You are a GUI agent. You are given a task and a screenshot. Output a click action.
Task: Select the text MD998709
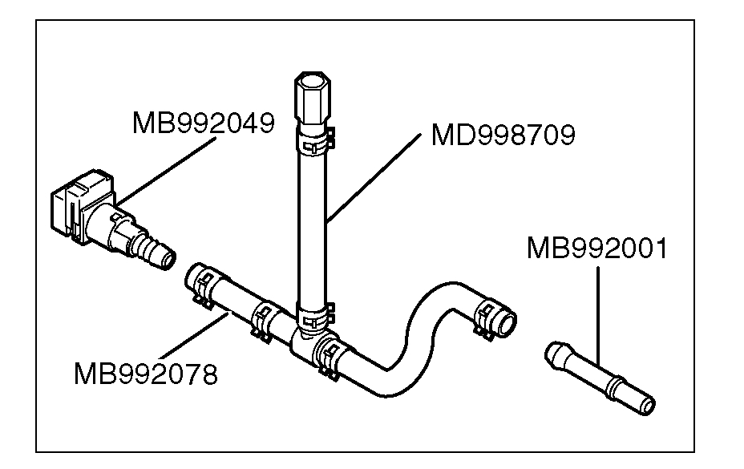(503, 135)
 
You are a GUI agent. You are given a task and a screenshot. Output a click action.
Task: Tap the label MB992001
(596, 248)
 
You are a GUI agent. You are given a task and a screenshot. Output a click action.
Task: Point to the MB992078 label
(145, 374)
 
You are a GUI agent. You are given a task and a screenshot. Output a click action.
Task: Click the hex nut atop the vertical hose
(312, 95)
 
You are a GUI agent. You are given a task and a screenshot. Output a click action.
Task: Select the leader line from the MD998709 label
(373, 176)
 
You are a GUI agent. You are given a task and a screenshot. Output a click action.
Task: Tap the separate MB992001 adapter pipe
(600, 376)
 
